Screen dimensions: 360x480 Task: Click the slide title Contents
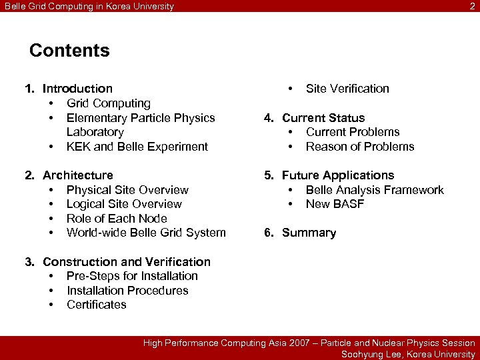click(x=69, y=51)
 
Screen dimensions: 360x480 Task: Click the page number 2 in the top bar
click(x=472, y=7)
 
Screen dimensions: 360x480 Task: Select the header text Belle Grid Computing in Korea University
click(x=89, y=7)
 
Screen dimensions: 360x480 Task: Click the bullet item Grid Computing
click(x=108, y=103)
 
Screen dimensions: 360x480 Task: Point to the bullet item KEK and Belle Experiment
click(x=137, y=147)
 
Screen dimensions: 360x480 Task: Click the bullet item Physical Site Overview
click(x=127, y=190)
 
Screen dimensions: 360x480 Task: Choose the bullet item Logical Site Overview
click(x=124, y=204)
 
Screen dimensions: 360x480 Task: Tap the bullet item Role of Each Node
click(x=117, y=219)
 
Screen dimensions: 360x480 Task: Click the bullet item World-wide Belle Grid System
click(x=146, y=233)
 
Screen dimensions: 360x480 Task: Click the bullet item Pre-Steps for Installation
click(x=132, y=276)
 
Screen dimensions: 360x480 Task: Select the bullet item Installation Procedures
click(x=127, y=291)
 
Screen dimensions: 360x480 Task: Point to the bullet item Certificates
click(x=96, y=305)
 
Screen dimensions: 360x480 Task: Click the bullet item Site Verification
click(x=347, y=89)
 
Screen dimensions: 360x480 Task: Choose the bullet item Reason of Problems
click(x=360, y=147)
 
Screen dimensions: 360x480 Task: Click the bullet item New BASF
click(x=335, y=204)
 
